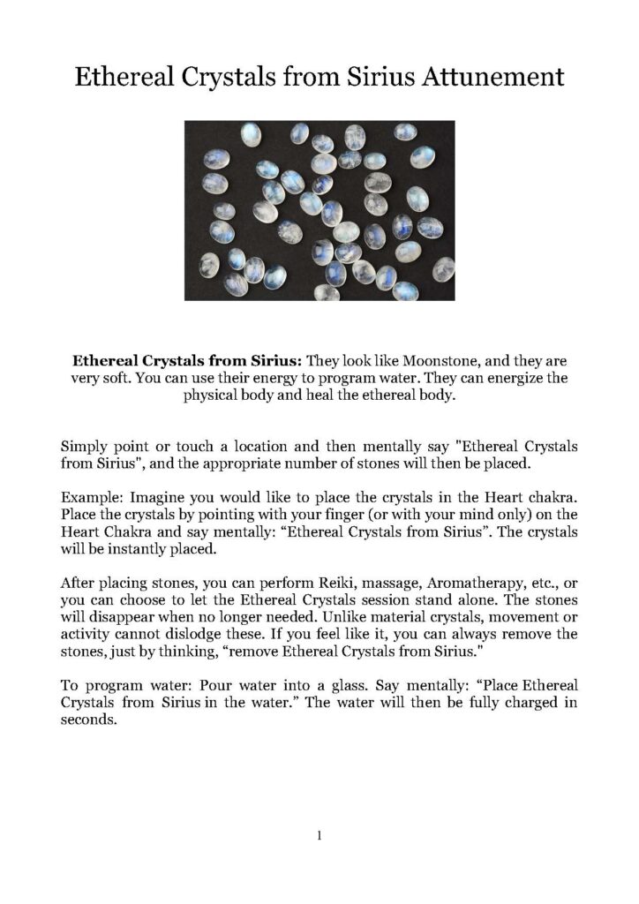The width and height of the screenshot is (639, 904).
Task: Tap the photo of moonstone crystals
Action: tap(319, 210)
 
